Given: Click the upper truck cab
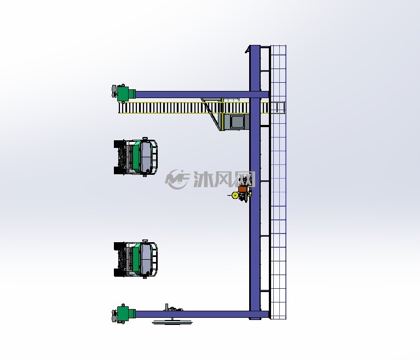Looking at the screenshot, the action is [x=136, y=157].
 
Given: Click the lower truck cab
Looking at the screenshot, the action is [x=136, y=259].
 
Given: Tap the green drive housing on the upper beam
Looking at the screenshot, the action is [x=126, y=94].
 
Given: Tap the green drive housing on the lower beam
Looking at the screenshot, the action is [x=126, y=313].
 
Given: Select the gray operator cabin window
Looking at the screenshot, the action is [x=238, y=122].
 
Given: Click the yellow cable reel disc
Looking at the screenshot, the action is [x=235, y=196].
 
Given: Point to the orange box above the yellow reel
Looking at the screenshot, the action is [x=242, y=189].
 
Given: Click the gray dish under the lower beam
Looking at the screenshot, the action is [x=172, y=322].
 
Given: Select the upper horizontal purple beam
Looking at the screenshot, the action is [x=202, y=94].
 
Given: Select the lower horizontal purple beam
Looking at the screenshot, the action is [x=202, y=314].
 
